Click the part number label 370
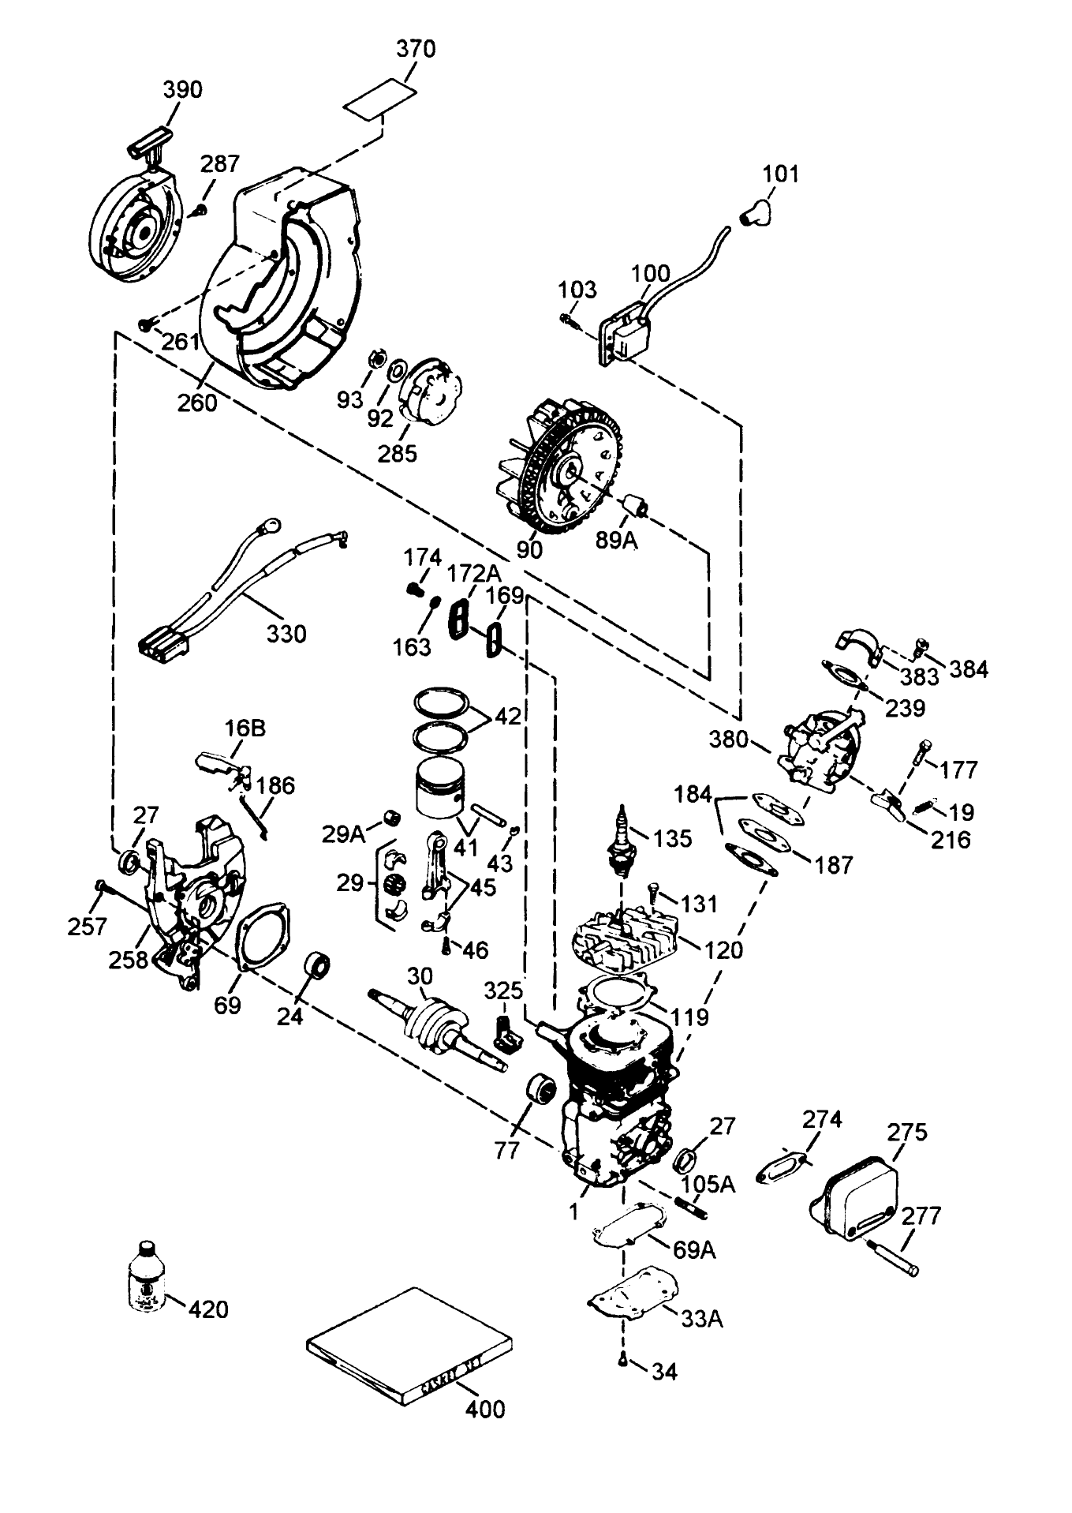coord(415,49)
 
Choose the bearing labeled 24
coord(316,965)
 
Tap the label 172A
coord(473,572)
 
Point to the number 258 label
coord(129,960)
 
